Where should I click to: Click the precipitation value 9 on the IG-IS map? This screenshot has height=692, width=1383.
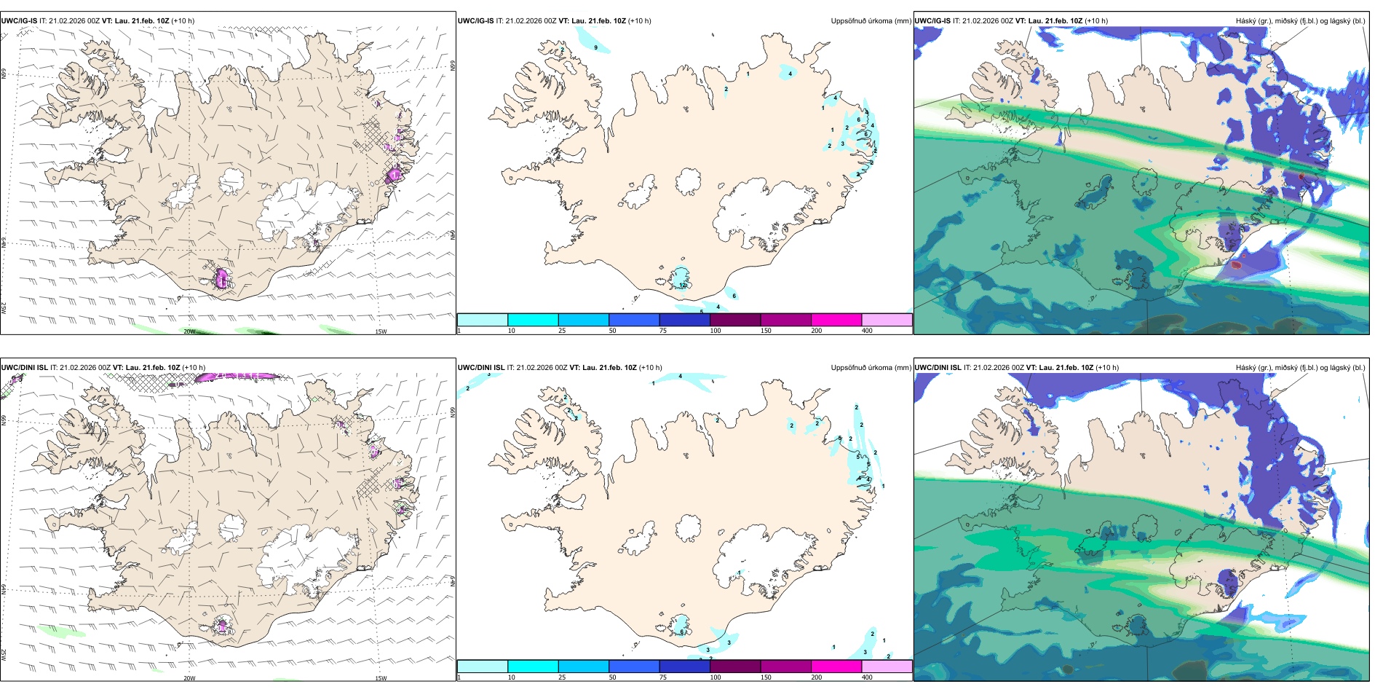click(596, 47)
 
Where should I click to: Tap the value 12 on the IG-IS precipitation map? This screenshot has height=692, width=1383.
click(683, 285)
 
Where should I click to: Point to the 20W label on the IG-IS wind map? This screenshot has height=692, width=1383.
click(189, 331)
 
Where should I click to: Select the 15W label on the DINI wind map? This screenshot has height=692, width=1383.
click(381, 678)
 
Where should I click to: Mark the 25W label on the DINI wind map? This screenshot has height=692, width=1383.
click(4, 655)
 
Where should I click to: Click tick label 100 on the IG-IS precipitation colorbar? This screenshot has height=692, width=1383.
click(716, 331)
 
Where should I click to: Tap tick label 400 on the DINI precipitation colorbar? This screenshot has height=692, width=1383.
click(867, 677)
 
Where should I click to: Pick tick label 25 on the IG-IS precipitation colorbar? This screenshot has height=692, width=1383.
click(562, 331)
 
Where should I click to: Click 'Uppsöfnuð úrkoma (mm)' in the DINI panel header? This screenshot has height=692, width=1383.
click(871, 368)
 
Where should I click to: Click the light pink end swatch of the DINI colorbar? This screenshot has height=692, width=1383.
click(887, 666)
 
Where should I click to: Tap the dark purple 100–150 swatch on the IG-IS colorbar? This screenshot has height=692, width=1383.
click(735, 319)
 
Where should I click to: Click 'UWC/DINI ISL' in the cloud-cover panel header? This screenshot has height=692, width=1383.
click(938, 368)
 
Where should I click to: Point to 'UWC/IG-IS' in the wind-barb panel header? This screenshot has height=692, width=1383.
click(19, 21)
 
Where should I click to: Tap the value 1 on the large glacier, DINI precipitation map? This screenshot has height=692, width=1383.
click(740, 573)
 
